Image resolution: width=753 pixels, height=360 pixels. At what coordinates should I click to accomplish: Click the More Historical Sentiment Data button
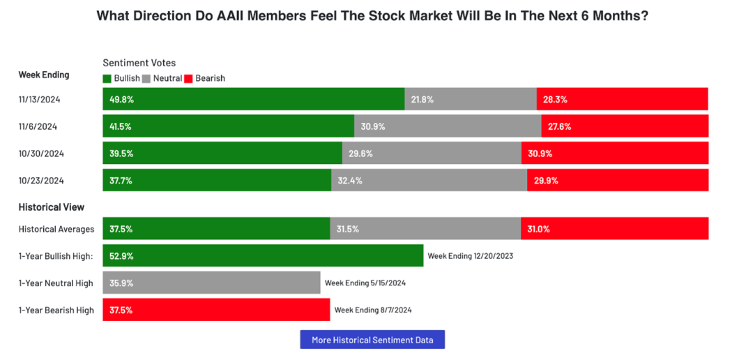click(372, 340)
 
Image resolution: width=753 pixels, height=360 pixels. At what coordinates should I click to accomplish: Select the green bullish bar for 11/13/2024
click(254, 99)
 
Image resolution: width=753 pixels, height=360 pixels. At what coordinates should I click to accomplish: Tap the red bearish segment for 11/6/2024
click(625, 126)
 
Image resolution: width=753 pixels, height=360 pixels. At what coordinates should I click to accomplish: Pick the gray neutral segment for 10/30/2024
click(432, 153)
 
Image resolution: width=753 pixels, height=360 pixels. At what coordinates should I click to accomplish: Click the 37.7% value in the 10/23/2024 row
click(121, 181)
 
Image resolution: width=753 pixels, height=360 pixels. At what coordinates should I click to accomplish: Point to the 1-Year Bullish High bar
click(263, 255)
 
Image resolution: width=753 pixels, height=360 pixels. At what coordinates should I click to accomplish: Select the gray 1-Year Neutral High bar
click(211, 283)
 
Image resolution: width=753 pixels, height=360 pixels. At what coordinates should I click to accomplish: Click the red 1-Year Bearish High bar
click(216, 310)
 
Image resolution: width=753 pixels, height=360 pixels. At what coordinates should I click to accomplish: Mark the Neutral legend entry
click(162, 79)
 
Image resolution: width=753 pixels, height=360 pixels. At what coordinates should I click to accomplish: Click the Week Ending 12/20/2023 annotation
click(470, 256)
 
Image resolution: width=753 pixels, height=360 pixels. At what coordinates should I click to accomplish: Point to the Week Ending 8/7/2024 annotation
click(377, 310)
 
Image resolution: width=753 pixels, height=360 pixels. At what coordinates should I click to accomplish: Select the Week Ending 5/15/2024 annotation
click(365, 283)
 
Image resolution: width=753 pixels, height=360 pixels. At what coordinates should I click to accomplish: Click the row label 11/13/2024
click(40, 99)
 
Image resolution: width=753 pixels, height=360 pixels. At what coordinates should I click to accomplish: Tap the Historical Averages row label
click(56, 229)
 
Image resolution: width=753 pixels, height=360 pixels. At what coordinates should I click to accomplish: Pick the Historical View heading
click(52, 207)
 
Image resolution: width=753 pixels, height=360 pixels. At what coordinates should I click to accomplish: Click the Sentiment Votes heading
click(139, 63)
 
